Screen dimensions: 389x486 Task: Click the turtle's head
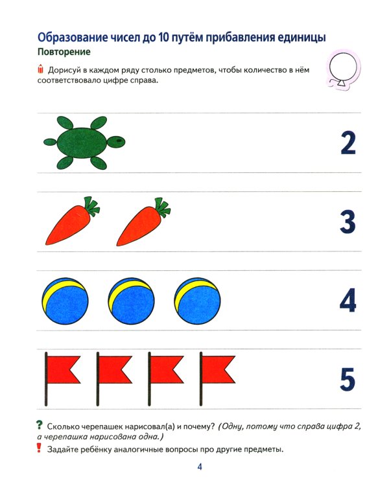(x=116, y=142)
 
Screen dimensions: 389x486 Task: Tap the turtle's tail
(x=50, y=143)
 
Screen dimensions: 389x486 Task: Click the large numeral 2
(x=348, y=143)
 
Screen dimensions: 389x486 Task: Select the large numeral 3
(x=348, y=222)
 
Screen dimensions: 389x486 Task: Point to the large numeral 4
(x=348, y=301)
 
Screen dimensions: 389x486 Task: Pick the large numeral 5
(x=348, y=379)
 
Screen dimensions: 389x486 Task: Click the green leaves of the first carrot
(x=91, y=206)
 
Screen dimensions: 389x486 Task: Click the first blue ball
(x=65, y=301)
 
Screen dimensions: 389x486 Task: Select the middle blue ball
(x=131, y=301)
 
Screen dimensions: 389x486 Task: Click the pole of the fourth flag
(x=201, y=379)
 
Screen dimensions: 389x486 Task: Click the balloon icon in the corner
(x=344, y=69)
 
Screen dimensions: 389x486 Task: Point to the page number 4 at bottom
(x=200, y=467)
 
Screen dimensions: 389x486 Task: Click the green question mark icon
(x=39, y=425)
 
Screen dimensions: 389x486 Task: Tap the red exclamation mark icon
(x=39, y=448)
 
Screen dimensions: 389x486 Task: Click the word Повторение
(x=64, y=52)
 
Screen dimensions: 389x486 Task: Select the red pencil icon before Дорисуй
(x=40, y=69)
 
